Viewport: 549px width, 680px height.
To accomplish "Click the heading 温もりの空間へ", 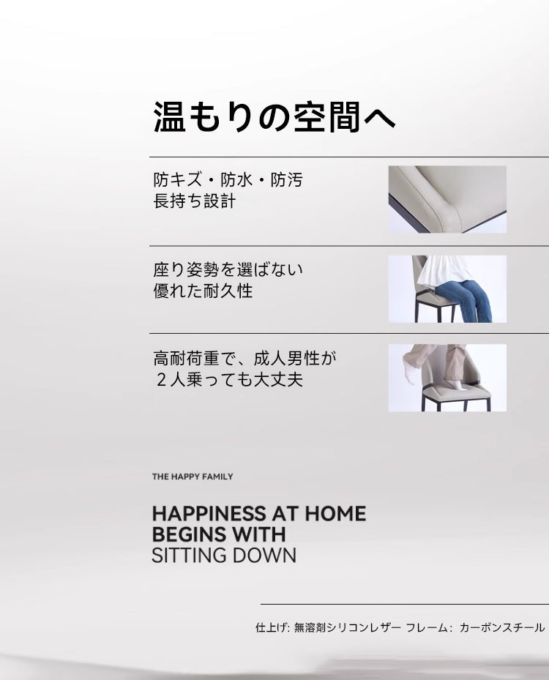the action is click(274, 117).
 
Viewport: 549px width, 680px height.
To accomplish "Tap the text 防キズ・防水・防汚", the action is click(228, 180).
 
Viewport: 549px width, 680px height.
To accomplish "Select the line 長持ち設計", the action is click(194, 201).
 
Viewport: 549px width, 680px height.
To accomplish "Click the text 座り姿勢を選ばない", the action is click(228, 270).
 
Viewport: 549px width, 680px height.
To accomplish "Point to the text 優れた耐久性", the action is click(203, 291).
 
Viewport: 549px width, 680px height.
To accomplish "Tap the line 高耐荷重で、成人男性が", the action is click(245, 359).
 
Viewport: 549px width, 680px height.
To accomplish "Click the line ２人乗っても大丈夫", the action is click(229, 380).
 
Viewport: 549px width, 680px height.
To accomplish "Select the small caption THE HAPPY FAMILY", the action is click(193, 477).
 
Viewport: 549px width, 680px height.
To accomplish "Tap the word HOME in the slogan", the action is click(335, 514).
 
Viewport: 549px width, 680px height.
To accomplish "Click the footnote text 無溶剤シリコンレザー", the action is click(348, 627).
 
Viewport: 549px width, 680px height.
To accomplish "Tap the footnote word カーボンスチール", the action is click(501, 627).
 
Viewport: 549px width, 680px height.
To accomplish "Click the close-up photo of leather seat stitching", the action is click(447, 200).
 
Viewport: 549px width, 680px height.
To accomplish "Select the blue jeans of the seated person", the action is click(465, 300).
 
